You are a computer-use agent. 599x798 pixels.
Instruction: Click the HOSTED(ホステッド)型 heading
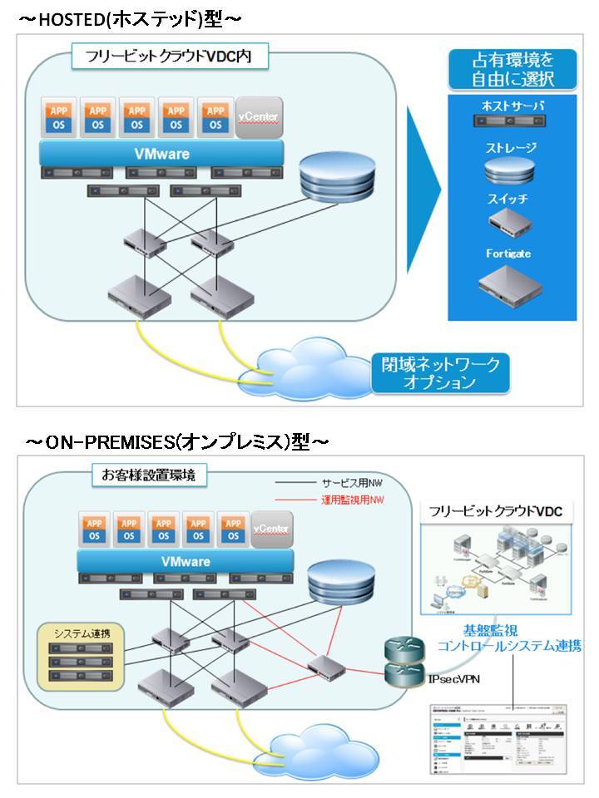point(129,17)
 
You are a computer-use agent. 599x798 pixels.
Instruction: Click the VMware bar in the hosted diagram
point(162,154)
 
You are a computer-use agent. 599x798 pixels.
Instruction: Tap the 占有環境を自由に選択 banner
point(512,71)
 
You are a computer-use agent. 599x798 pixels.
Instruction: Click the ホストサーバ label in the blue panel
point(512,106)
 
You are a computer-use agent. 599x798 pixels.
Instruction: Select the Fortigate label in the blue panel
point(508,253)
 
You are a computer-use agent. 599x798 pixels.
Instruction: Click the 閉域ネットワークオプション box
point(442,373)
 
